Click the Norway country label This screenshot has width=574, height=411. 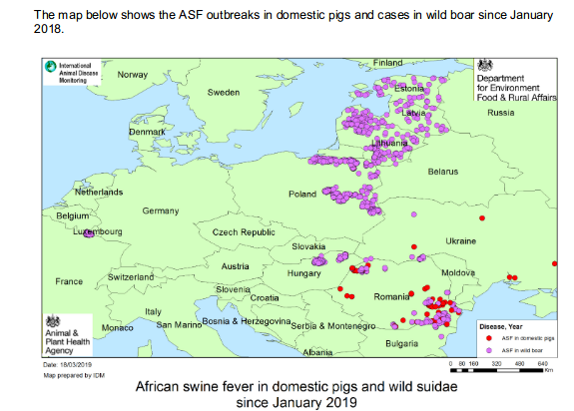tap(132, 75)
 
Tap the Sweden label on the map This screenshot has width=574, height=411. tap(223, 92)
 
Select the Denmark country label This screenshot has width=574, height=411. tap(146, 132)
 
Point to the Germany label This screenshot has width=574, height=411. tap(160, 211)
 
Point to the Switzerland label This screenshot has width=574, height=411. tap(131, 276)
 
